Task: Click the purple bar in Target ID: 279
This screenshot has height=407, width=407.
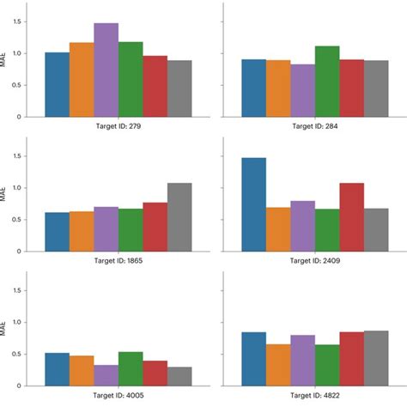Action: [106, 70]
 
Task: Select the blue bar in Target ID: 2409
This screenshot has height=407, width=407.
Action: [253, 204]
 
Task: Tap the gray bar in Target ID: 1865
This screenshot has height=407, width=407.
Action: [179, 217]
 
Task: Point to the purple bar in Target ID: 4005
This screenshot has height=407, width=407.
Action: [106, 375]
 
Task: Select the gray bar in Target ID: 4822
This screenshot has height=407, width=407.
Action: [376, 359]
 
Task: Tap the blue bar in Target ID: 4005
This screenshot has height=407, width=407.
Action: [57, 369]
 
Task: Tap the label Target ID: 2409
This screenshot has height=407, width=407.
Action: [315, 260]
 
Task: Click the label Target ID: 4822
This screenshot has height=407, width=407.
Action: [315, 396]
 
